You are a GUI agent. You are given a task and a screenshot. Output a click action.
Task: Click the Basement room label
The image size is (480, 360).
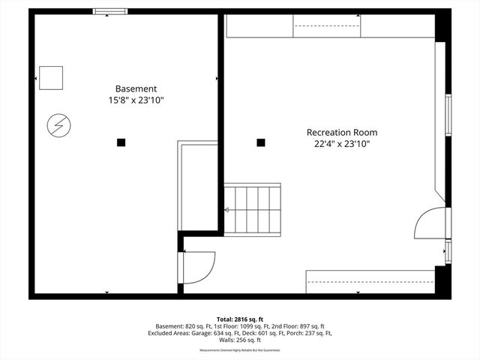point(136,88)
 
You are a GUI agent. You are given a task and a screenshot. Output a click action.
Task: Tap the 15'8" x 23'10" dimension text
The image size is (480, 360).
point(136,100)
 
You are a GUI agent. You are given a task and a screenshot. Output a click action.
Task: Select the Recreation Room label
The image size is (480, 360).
point(341,132)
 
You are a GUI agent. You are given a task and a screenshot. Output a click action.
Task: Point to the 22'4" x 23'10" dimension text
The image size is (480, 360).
point(341,143)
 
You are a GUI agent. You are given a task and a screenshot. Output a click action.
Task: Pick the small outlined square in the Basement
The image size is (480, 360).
point(51,77)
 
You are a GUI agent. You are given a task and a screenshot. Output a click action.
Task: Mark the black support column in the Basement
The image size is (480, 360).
point(121,142)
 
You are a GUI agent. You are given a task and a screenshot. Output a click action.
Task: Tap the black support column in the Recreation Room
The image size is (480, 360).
point(261,142)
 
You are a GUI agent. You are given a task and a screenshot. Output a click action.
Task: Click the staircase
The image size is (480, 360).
point(253,208)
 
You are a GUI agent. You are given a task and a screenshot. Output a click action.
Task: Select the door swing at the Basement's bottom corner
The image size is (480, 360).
point(197,267)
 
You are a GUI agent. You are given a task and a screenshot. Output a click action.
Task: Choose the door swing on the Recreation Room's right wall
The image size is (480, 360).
point(430,223)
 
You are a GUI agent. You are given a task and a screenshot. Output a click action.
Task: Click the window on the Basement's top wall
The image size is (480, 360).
point(109,11)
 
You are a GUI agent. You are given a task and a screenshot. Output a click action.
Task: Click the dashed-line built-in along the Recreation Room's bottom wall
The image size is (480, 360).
point(370,282)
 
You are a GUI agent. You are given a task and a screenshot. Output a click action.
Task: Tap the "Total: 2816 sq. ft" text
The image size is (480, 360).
point(240,319)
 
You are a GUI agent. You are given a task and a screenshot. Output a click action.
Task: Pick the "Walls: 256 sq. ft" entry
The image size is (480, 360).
point(240,340)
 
